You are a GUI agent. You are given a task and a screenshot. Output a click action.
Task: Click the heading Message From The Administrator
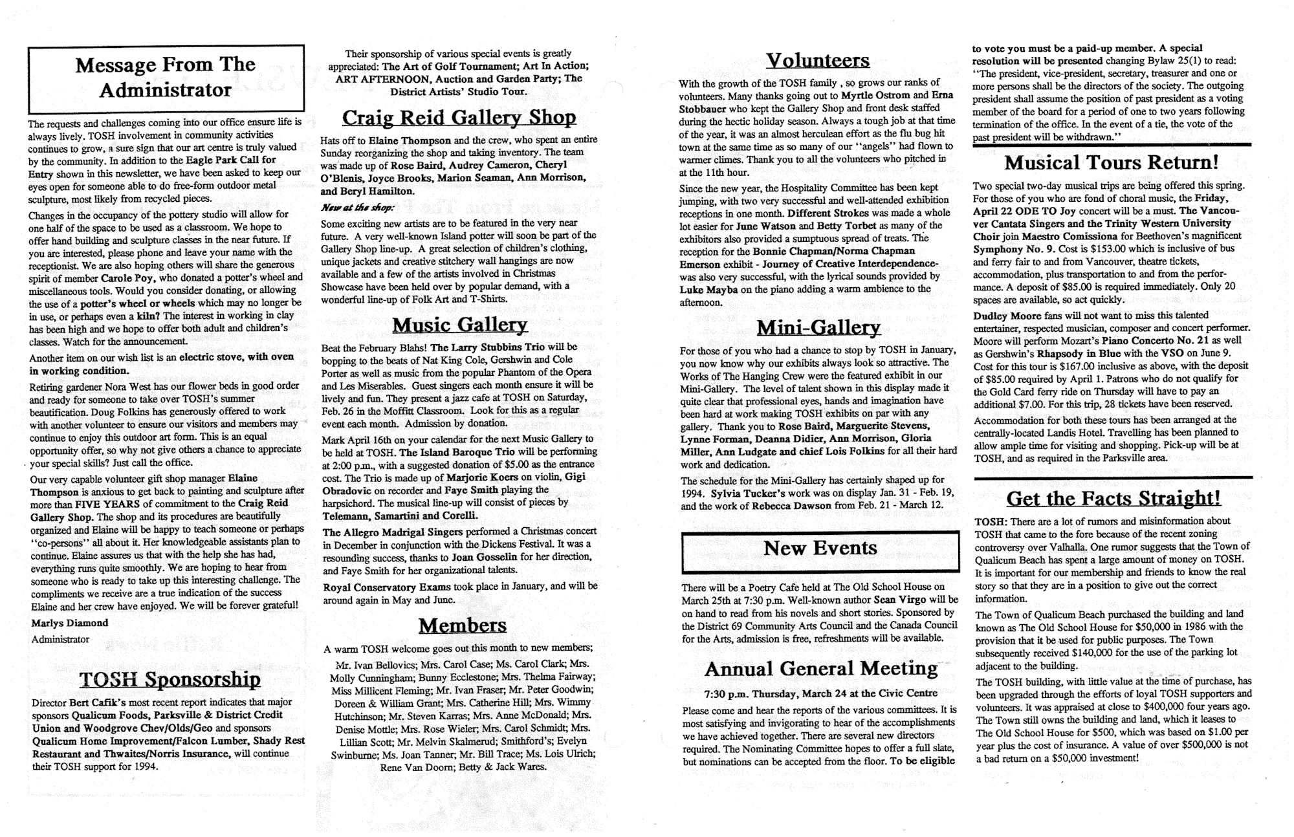166,77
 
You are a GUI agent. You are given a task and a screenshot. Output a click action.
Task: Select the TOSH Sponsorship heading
170,679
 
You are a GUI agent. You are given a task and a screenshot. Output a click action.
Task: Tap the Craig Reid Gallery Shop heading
459,117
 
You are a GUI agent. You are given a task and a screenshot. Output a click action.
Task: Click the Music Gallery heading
459,324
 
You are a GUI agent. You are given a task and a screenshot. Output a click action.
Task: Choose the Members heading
462,625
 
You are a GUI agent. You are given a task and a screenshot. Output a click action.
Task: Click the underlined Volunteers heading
818,60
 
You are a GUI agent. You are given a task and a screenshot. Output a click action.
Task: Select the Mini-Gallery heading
818,327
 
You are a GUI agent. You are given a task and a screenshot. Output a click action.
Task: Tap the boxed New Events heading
820,549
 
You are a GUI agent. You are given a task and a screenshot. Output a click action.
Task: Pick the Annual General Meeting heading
821,668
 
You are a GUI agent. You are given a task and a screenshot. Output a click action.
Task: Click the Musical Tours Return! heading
1112,162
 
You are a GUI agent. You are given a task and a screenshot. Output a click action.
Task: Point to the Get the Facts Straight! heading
1113,498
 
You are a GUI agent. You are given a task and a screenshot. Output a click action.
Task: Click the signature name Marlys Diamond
69,623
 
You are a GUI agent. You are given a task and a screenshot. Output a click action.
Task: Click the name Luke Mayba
708,289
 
